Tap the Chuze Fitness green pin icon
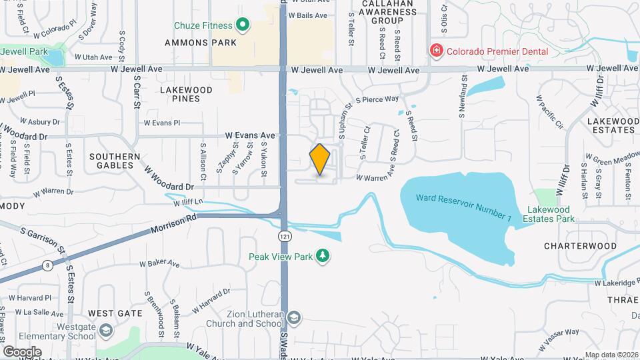coord(243,26)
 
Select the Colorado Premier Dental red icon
coord(436,51)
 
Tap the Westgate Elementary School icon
coord(105,331)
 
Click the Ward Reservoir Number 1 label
coord(464,199)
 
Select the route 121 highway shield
coord(285,236)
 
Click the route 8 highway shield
coord(48,265)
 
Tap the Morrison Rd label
coord(175,223)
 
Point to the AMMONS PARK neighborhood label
coord(201,43)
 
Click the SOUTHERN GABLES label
coord(115,161)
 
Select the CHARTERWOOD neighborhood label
coord(580,245)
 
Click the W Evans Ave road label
coord(250,135)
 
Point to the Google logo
coord(22,351)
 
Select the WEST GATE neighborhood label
coord(115,313)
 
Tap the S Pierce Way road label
coord(377,99)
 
